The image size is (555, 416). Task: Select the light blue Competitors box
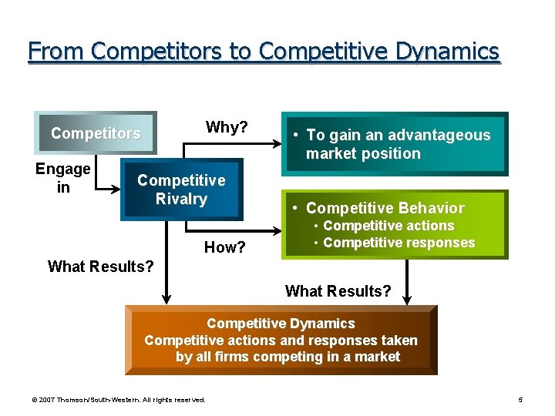(x=96, y=133)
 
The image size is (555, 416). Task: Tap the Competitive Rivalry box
(x=181, y=190)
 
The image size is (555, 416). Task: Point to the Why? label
(x=226, y=127)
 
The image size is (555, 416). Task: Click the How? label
(x=224, y=247)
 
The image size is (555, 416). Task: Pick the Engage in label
(x=63, y=178)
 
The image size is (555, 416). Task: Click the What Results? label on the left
(x=100, y=267)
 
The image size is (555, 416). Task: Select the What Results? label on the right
(x=338, y=291)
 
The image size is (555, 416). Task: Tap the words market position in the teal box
(x=363, y=153)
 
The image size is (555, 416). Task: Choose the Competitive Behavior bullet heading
(x=385, y=208)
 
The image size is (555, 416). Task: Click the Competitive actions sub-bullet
(x=388, y=226)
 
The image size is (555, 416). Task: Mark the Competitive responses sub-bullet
(x=399, y=243)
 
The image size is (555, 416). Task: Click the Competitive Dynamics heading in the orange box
(x=281, y=324)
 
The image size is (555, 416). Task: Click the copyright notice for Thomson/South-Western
(x=117, y=400)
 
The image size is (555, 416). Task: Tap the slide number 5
(x=520, y=400)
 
